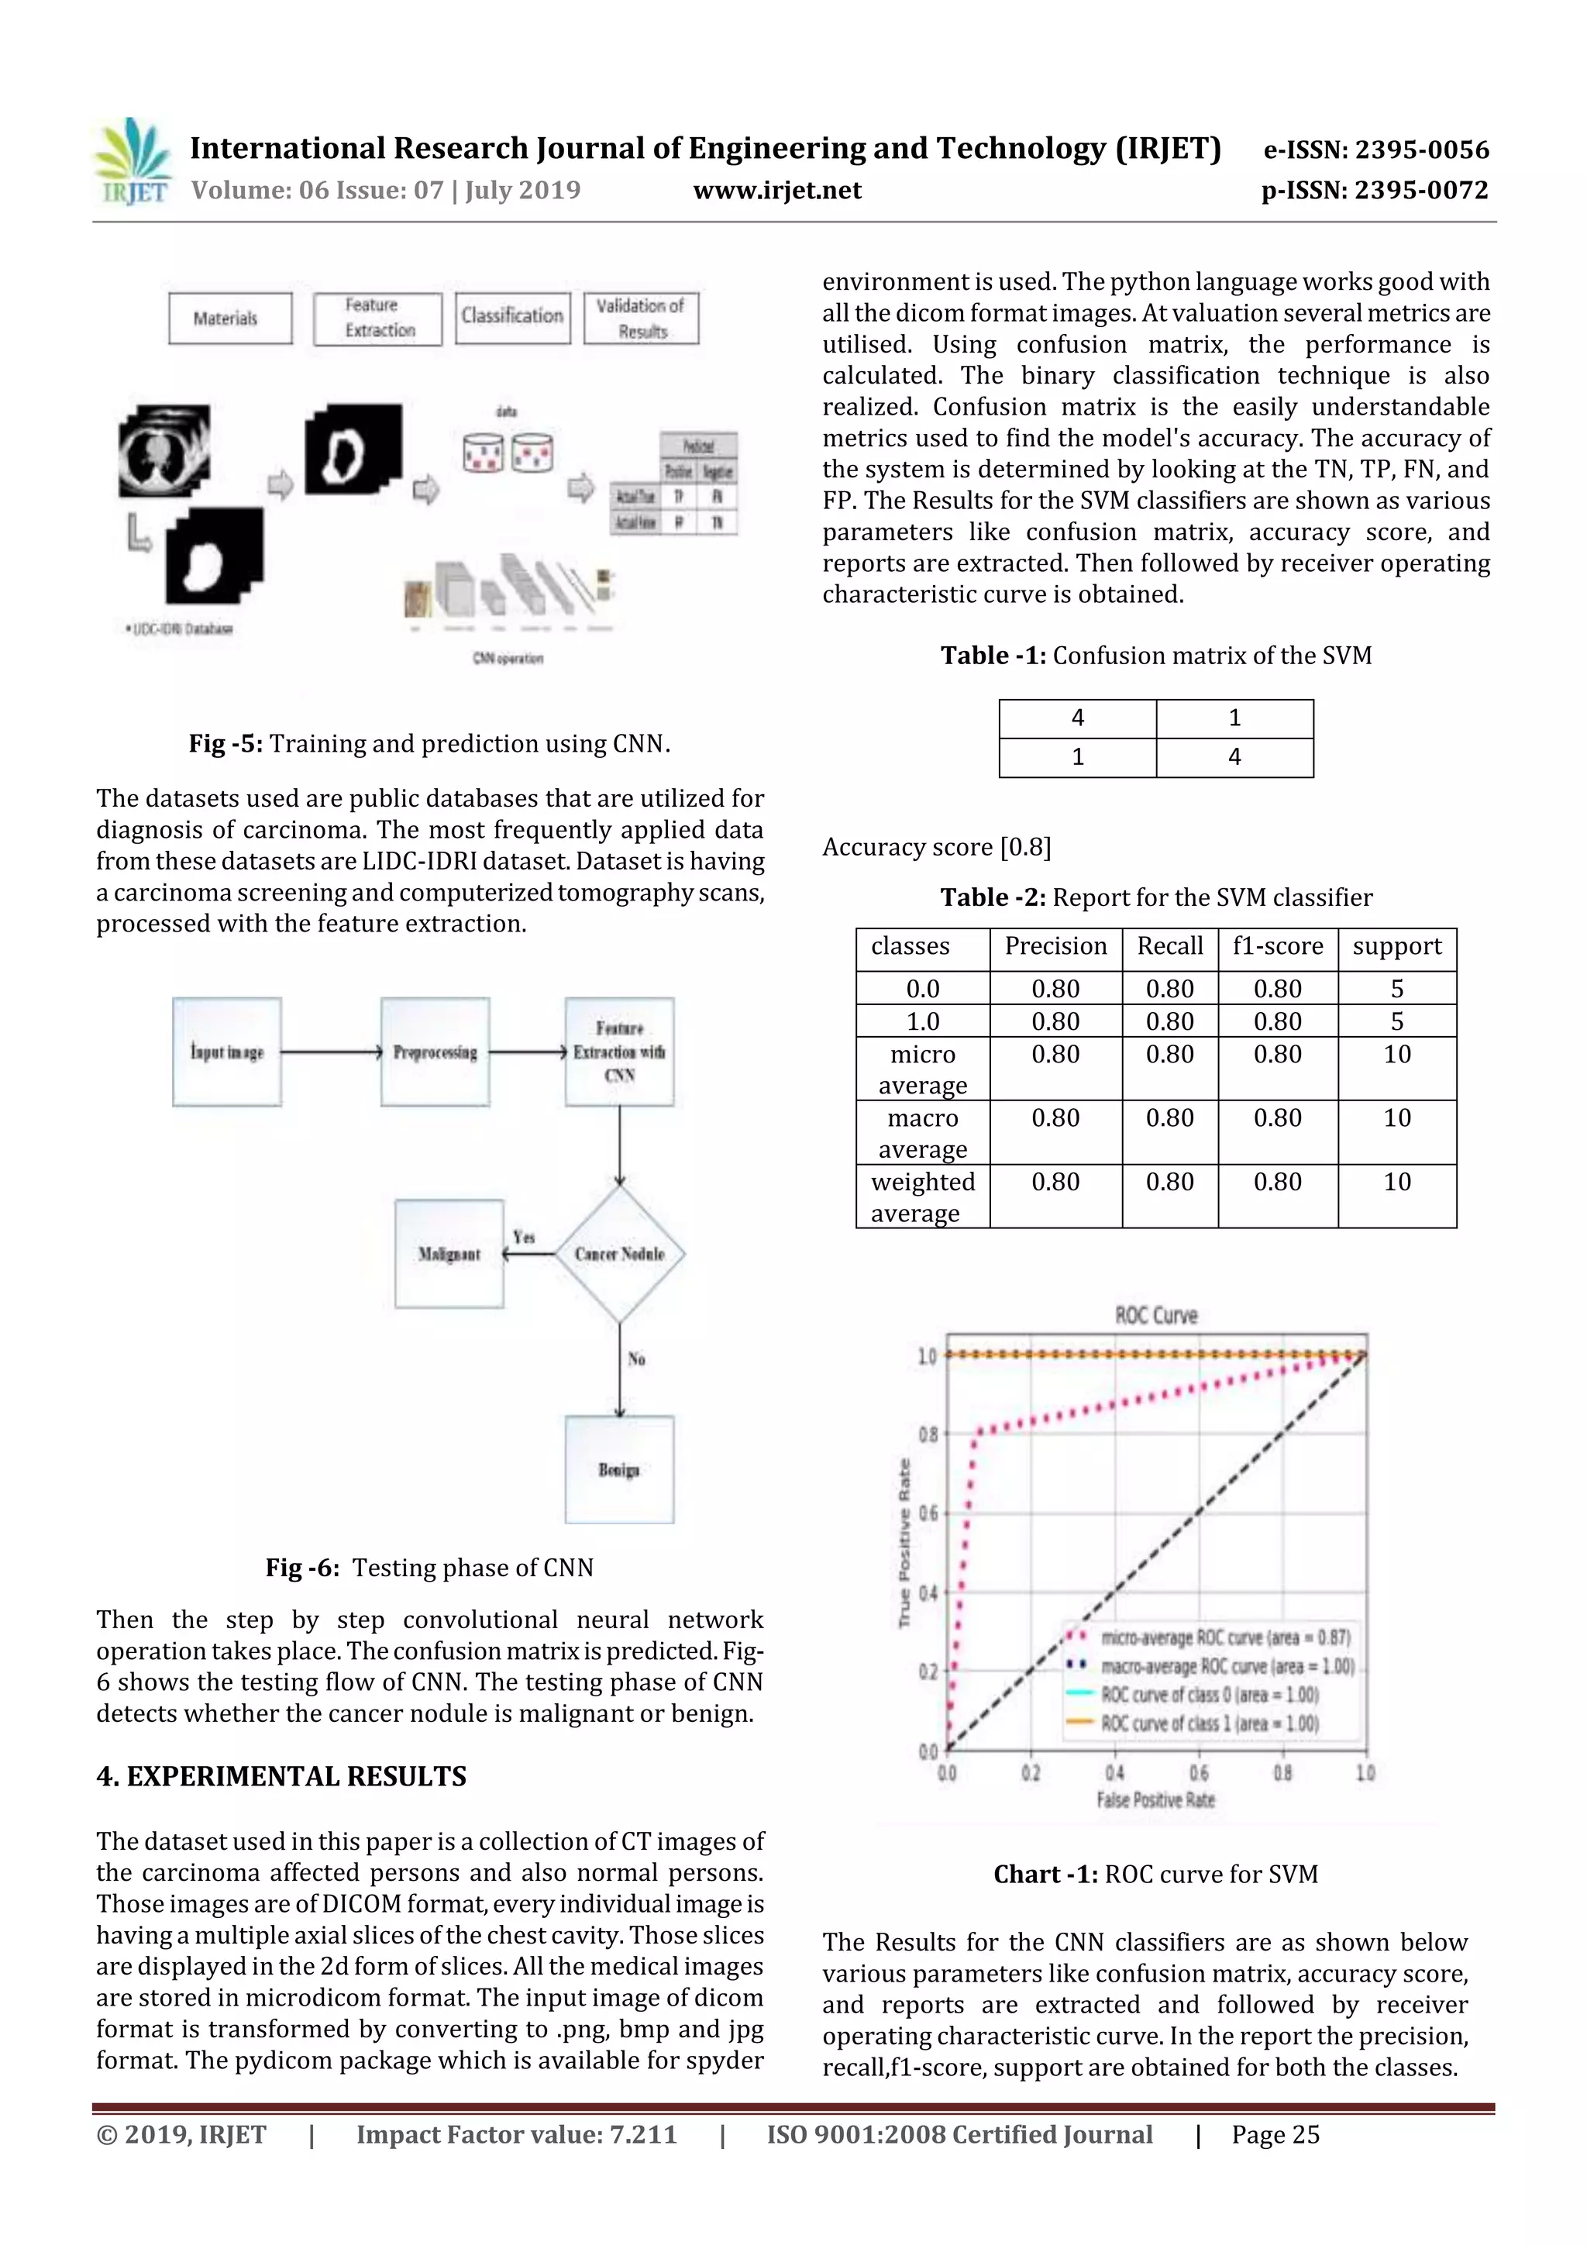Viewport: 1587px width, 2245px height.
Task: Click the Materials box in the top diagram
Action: [x=230, y=319]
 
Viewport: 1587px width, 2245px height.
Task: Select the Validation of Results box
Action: [x=642, y=319]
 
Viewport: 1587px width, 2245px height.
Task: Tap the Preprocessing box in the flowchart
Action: [x=435, y=1052]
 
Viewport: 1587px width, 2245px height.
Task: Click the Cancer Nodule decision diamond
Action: [x=619, y=1254]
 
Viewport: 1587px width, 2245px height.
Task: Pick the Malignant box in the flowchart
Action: [x=449, y=1254]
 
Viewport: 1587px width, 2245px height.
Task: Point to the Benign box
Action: [x=619, y=1469]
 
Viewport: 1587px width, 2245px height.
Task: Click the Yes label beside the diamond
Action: [x=524, y=1237]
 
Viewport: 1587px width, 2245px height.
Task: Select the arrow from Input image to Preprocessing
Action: [x=331, y=1052]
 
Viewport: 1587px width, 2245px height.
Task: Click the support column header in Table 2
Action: [x=1396, y=946]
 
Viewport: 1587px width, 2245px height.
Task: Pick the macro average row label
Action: [x=922, y=1133]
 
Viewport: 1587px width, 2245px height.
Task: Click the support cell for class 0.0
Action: [x=1396, y=989]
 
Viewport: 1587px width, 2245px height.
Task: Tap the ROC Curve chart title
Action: [x=1156, y=1315]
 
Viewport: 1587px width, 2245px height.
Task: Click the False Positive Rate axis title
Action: [x=1156, y=1800]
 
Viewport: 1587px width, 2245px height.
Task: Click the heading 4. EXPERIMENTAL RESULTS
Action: [x=281, y=1777]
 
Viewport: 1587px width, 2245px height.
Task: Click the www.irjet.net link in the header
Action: [x=777, y=191]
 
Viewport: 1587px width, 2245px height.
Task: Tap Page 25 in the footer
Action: [x=1275, y=2134]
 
